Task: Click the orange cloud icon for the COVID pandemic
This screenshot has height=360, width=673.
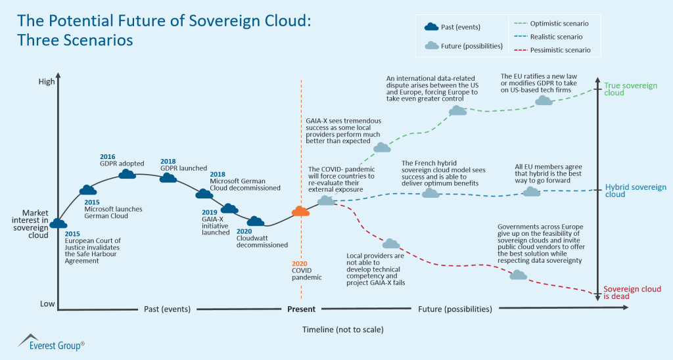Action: point(300,211)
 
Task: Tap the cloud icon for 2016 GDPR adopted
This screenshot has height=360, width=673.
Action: point(128,174)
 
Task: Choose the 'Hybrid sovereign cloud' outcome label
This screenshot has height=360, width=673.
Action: point(635,191)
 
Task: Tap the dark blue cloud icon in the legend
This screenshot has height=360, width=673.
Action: point(431,27)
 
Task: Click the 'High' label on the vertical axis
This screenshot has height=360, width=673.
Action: point(47,81)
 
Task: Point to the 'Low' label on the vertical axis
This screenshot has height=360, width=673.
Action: point(47,304)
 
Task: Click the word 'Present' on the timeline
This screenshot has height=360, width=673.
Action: point(301,309)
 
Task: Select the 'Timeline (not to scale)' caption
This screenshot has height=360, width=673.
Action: point(342,328)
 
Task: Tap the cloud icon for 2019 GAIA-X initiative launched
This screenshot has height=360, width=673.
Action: point(229,209)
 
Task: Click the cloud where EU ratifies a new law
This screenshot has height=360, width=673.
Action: point(544,101)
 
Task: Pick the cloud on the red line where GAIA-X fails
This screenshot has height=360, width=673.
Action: point(391,244)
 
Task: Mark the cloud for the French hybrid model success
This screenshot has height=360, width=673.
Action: point(430,193)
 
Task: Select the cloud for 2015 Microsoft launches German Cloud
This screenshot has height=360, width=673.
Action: point(87,191)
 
